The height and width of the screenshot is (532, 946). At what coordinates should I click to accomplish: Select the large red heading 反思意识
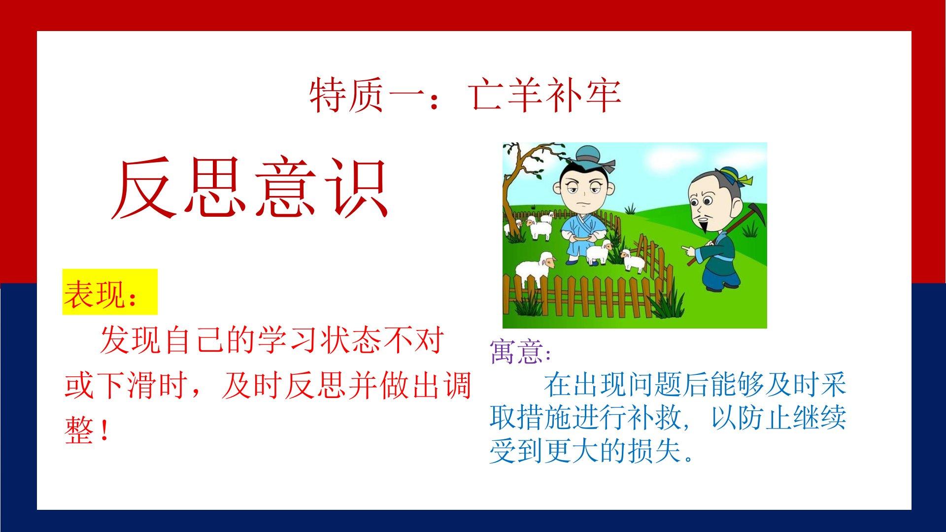[x=250, y=188]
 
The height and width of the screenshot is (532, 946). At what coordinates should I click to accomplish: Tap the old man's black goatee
[x=704, y=227]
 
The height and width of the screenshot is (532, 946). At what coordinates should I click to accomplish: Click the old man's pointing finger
[x=685, y=250]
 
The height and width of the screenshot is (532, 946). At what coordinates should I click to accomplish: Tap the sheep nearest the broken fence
[x=633, y=260]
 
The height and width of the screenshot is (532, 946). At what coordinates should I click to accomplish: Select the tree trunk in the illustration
[x=512, y=197]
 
